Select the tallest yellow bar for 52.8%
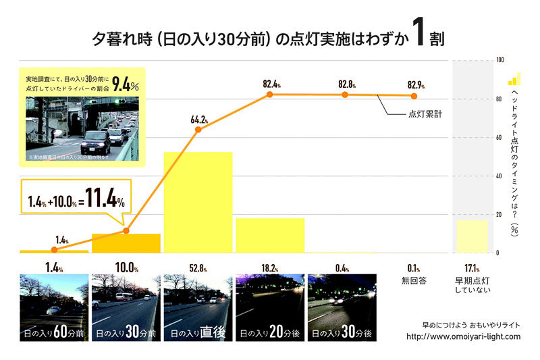[198, 203]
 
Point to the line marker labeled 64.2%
[198, 129]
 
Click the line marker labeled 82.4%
[270, 94]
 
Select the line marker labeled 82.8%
[345, 94]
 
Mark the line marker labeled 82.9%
[416, 95]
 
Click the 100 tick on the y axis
[500, 60]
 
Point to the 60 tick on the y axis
[500, 138]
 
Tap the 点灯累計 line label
[426, 114]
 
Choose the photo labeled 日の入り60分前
[53, 304]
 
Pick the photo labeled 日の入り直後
[196, 304]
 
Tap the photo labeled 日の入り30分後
[341, 304]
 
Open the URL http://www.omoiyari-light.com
[463, 336]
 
